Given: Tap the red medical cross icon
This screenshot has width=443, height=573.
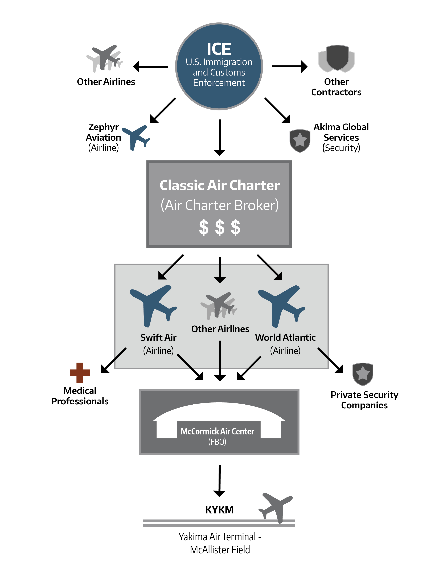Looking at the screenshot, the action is (x=80, y=373).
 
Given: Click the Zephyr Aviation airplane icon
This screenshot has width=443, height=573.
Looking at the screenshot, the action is (x=136, y=138).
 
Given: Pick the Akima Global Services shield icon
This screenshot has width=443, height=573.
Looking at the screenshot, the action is (x=300, y=141).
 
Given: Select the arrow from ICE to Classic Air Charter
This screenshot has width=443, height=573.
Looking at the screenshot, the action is (x=220, y=138).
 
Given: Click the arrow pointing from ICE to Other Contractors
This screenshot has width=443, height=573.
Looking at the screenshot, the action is (x=290, y=66).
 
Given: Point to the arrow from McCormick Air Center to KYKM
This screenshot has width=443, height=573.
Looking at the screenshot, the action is (x=219, y=481).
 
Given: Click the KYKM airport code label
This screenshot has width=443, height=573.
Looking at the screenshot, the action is (x=219, y=509).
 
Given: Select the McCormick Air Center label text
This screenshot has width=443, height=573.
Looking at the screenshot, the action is (x=217, y=431).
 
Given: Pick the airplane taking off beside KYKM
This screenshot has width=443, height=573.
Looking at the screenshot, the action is (x=276, y=508).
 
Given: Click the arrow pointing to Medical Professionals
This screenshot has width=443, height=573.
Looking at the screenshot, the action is (x=114, y=360).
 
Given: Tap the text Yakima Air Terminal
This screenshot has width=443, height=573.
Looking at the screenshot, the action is (x=217, y=537).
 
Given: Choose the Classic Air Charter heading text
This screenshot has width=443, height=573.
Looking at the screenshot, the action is (x=220, y=185).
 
